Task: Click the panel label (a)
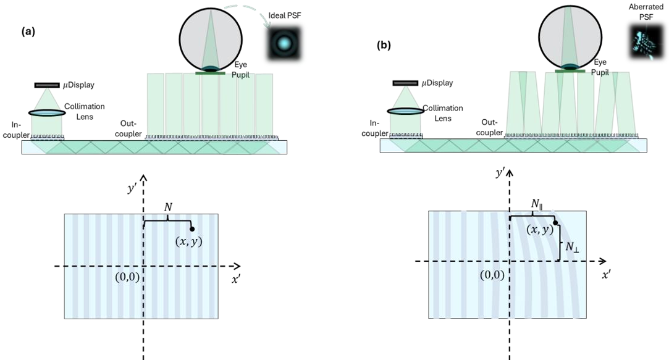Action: click(28, 32)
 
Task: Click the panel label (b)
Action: click(384, 45)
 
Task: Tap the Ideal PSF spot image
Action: click(284, 43)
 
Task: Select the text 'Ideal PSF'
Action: click(285, 16)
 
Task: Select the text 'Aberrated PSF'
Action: click(646, 12)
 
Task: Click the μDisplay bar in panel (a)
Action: click(47, 85)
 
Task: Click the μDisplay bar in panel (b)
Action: click(405, 83)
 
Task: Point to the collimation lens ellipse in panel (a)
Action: click(47, 113)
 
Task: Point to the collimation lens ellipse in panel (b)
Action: click(406, 111)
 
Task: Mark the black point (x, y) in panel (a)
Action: click(193, 229)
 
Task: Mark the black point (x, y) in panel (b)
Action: click(555, 223)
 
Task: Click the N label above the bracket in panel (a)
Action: click(168, 207)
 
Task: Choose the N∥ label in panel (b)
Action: click(536, 204)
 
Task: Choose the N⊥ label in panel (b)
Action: click(572, 247)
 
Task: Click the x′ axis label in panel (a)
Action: click(236, 280)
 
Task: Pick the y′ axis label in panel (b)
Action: click(500, 172)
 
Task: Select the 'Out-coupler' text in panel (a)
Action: click(128, 128)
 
